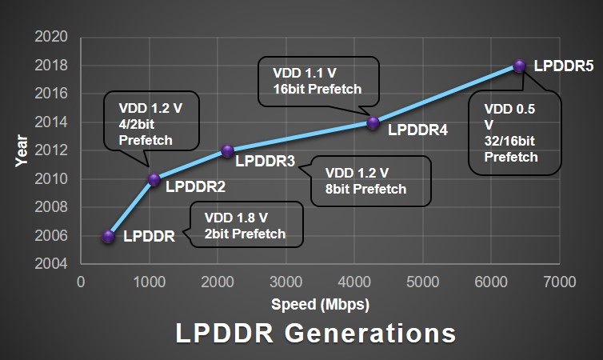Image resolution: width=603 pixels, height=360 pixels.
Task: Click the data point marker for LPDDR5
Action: coord(519,66)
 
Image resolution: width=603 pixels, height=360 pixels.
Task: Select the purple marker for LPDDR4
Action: coord(373,122)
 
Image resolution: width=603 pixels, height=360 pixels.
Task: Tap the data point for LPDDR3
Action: coord(227,150)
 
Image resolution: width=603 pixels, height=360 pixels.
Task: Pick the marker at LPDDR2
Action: coord(154,179)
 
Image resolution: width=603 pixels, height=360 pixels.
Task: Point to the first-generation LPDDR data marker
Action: coord(109,236)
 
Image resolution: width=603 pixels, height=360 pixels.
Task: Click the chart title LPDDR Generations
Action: coord(316,333)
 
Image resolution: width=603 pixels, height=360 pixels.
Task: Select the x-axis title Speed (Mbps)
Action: coord(320,304)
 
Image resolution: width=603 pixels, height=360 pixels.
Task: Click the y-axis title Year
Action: coord(22,151)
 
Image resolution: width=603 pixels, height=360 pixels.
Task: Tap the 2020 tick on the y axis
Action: coord(52,37)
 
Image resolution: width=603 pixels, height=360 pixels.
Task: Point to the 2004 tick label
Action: coord(52,264)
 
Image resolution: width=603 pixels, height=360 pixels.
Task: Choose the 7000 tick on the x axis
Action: coord(559,282)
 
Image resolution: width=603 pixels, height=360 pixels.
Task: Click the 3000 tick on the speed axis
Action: coord(286,282)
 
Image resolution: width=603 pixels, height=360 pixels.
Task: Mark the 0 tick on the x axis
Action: coord(80,282)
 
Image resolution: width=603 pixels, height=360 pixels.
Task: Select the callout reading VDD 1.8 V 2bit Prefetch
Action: coord(246,225)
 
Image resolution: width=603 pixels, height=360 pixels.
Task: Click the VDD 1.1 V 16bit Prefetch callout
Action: coord(318,81)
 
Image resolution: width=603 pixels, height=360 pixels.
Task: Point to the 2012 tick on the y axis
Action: coord(52,150)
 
